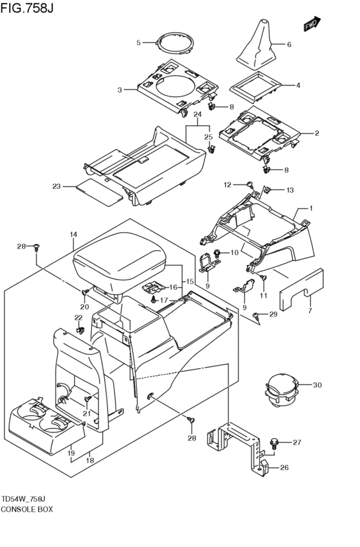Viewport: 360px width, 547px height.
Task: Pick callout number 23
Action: point(56,187)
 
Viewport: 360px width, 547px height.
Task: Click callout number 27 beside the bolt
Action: point(296,442)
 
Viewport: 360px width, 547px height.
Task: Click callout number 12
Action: point(227,184)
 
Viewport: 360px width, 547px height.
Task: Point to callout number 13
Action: point(289,190)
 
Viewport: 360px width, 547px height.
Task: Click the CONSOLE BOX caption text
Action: point(27,508)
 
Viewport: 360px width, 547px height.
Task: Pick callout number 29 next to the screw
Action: point(273,314)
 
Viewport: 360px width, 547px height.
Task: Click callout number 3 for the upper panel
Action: point(119,90)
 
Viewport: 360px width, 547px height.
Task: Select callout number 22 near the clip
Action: point(78,318)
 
